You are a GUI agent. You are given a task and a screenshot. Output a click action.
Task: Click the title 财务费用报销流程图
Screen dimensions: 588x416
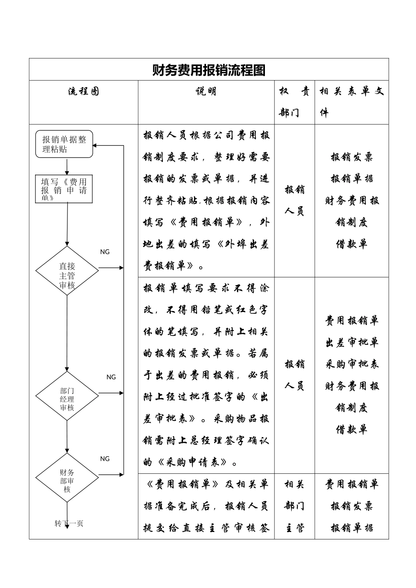click(x=208, y=70)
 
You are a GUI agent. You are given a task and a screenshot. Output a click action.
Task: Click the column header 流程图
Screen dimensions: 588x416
click(x=84, y=91)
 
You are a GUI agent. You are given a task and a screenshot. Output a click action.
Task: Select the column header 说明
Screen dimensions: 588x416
click(x=206, y=91)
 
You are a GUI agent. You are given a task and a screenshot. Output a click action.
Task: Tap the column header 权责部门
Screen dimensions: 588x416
click(x=294, y=102)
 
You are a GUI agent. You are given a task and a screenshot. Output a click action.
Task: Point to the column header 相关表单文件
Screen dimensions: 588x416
click(x=351, y=102)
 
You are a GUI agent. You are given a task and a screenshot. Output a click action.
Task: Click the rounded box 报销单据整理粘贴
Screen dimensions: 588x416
click(x=64, y=144)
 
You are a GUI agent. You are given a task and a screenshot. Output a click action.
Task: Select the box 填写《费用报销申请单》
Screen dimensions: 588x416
click(x=64, y=189)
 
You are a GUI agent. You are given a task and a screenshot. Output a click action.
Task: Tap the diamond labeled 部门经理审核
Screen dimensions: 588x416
click(x=67, y=396)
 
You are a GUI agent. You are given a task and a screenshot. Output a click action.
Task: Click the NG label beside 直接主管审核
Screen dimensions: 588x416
click(x=105, y=252)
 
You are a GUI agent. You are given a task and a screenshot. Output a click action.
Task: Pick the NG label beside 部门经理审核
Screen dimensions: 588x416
click(x=111, y=377)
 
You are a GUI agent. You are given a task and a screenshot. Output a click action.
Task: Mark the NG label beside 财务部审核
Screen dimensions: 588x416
click(x=105, y=459)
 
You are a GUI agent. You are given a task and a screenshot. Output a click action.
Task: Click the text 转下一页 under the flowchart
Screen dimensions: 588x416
click(x=69, y=524)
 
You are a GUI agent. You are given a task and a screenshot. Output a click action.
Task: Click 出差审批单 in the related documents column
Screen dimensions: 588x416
click(x=352, y=343)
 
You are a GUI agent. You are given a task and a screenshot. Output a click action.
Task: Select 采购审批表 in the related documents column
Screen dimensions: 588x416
click(x=352, y=364)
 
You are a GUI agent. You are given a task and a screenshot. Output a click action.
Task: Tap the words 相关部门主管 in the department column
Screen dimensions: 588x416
click(x=294, y=506)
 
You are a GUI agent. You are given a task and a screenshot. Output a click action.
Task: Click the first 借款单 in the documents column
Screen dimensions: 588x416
click(x=352, y=244)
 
